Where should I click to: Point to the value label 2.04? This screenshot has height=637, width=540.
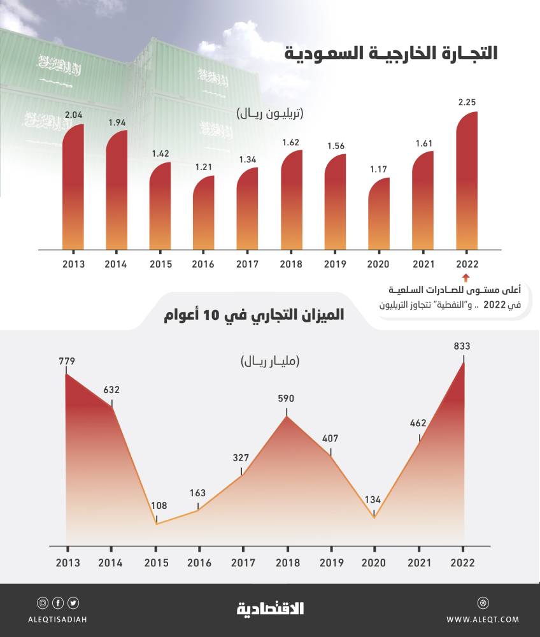pyautogui.click(x=73, y=115)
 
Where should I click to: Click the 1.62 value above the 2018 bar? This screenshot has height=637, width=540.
pyautogui.click(x=292, y=141)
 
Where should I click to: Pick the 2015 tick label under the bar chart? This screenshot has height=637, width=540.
pyautogui.click(x=160, y=264)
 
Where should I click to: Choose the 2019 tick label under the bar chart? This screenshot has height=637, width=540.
pyautogui.click(x=335, y=264)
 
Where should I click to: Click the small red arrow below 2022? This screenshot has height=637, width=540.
pyautogui.click(x=465, y=277)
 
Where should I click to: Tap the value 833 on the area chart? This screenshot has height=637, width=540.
pyautogui.click(x=463, y=347)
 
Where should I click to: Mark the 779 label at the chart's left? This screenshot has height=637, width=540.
pyautogui.click(x=66, y=362)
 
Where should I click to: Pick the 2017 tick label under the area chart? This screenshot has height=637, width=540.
pyautogui.click(x=243, y=563)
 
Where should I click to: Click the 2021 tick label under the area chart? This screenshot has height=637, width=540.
pyautogui.click(x=419, y=563)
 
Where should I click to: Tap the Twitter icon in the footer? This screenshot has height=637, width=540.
pyautogui.click(x=73, y=603)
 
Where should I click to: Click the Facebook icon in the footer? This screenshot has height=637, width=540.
pyautogui.click(x=58, y=603)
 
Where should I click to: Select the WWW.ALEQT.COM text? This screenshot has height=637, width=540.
pyautogui.click(x=482, y=619)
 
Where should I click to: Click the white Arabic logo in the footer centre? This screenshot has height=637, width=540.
pyautogui.click(x=270, y=609)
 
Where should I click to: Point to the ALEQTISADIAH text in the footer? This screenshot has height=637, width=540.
pyautogui.click(x=58, y=619)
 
